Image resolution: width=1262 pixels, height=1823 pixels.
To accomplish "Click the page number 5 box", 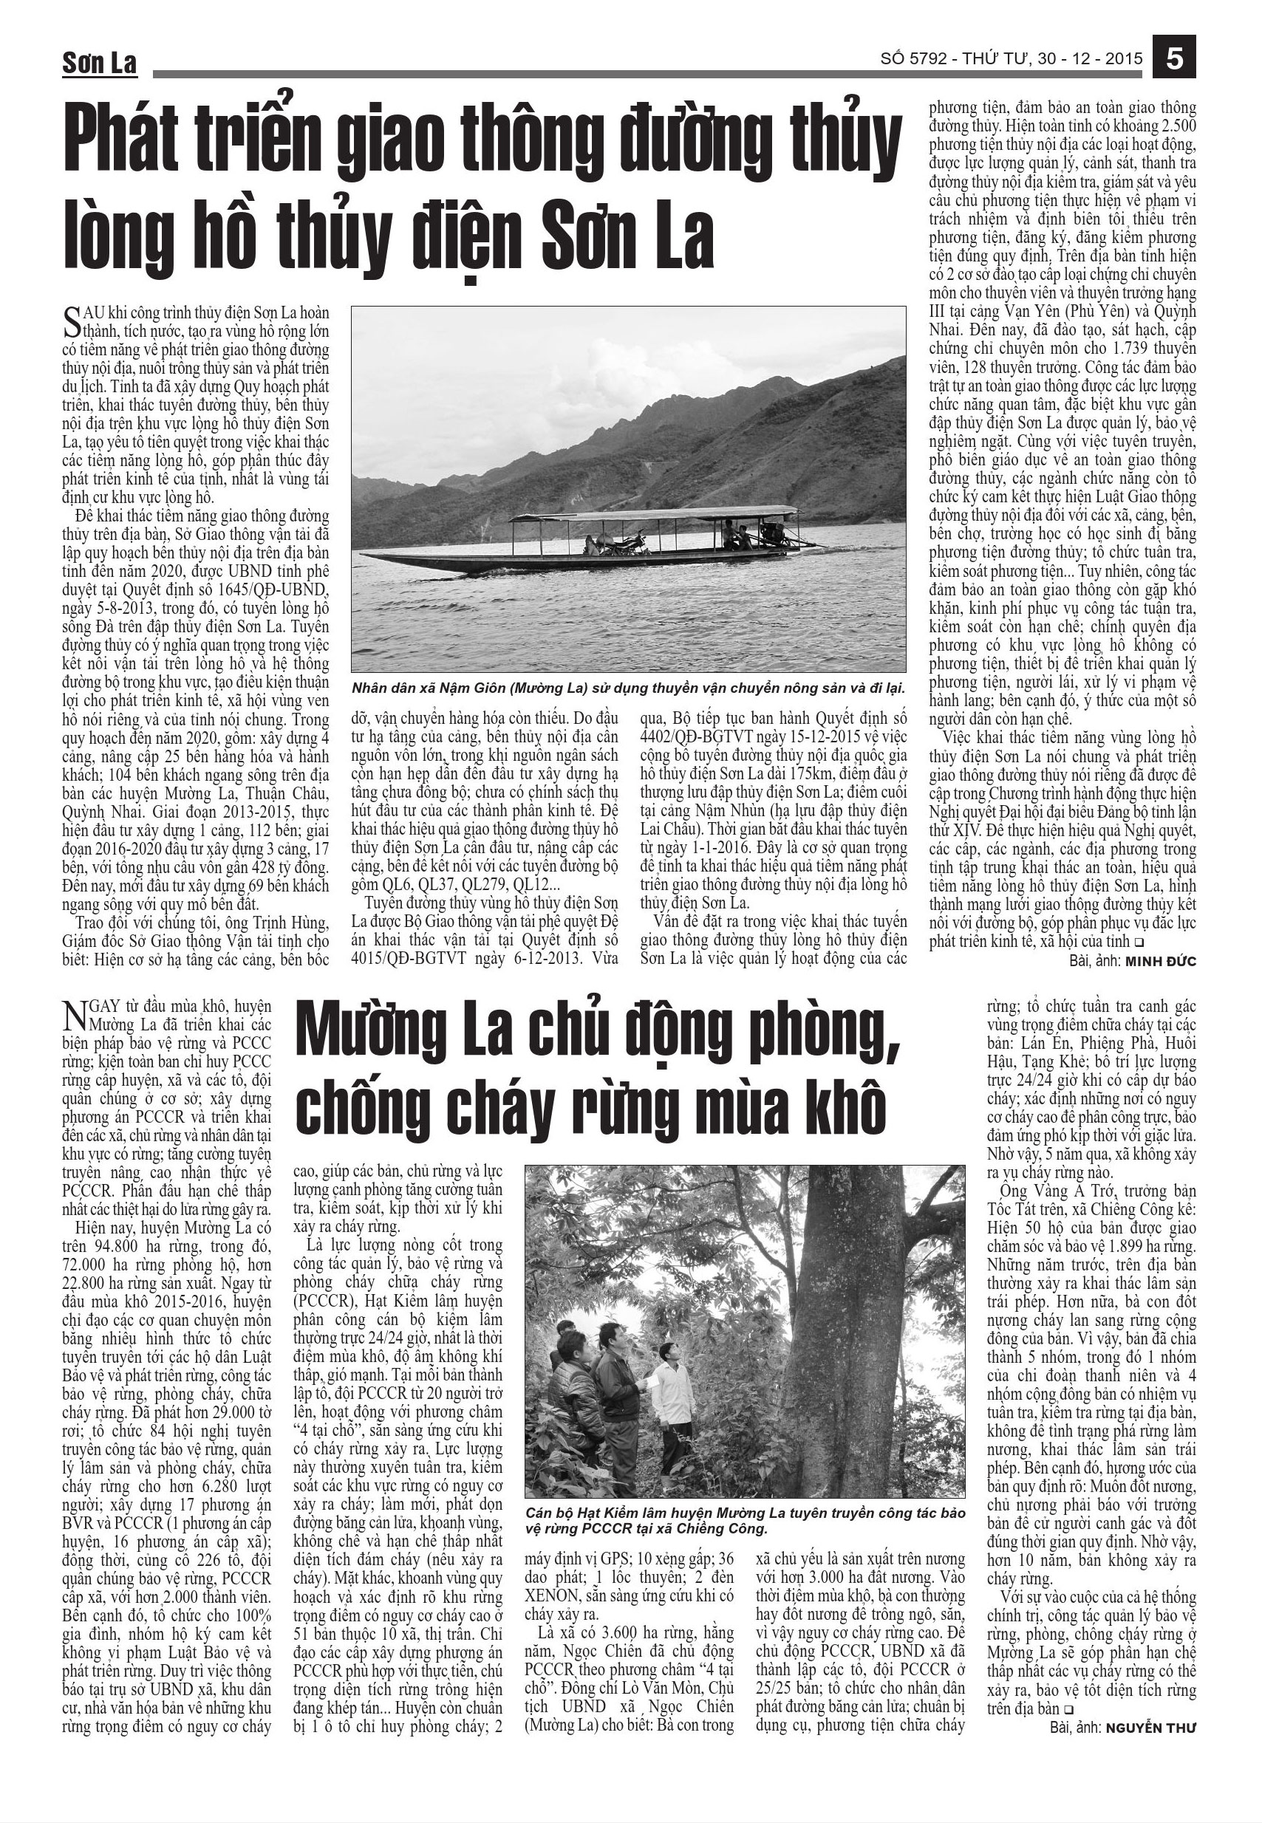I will pos(1173,59).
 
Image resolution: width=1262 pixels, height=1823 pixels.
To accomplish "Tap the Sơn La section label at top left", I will pos(100,64).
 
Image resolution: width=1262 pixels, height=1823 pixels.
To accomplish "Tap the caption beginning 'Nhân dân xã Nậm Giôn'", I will pos(628,687).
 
